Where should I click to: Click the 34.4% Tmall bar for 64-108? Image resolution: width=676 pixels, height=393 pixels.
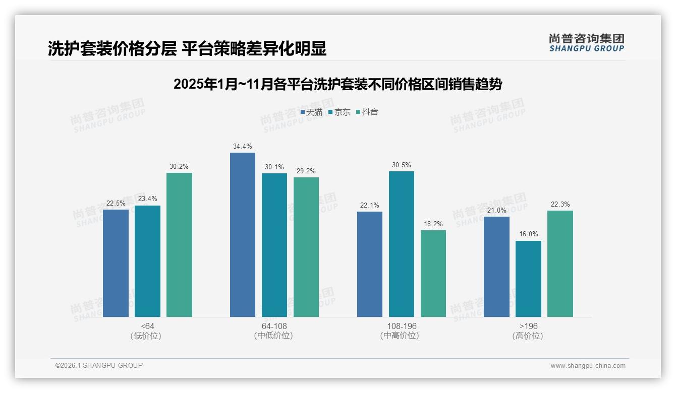tap(243, 235)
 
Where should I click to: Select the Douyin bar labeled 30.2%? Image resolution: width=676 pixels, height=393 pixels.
tap(179, 245)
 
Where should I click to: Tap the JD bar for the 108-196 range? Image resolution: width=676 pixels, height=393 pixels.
tap(402, 244)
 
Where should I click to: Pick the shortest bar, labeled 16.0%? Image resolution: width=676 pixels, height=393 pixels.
tap(528, 279)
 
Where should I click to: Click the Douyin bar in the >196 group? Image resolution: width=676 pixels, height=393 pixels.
tap(560, 264)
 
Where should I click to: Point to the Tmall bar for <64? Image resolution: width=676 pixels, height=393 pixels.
tap(116, 263)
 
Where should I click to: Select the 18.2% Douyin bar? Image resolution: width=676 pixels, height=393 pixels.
tap(433, 274)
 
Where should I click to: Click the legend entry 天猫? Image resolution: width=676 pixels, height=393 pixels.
tap(311, 112)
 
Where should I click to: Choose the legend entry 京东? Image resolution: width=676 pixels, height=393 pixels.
tap(339, 112)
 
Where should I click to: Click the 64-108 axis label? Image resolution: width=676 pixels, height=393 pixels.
tap(274, 326)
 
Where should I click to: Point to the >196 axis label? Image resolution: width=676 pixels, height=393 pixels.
tap(528, 326)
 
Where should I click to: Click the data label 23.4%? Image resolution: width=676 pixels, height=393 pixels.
tap(147, 199)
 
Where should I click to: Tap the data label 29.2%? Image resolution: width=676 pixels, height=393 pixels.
tap(306, 171)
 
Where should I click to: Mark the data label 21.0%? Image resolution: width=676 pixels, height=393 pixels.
tap(496, 210)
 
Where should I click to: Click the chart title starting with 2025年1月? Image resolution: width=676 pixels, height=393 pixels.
tap(337, 84)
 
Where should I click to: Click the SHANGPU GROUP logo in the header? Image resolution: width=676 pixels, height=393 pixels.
tap(586, 43)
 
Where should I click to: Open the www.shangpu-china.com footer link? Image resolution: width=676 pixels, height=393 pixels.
tap(588, 366)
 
